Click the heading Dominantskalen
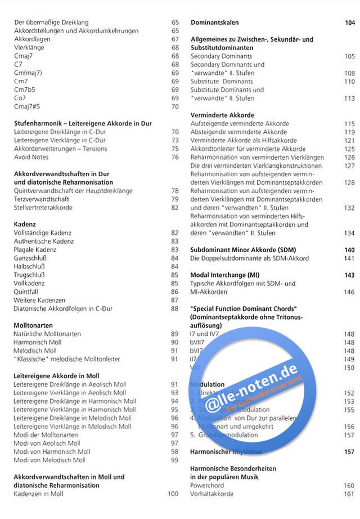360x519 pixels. point(215,23)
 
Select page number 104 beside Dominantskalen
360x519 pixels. point(349,23)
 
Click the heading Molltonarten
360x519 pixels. point(33,325)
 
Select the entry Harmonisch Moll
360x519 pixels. point(37,342)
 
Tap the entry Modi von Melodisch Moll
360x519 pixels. point(49,460)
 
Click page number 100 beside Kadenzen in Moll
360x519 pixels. point(173,494)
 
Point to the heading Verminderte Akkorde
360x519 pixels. point(222,115)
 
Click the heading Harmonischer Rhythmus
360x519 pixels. point(226,451)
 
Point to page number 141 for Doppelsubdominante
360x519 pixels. point(349,258)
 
